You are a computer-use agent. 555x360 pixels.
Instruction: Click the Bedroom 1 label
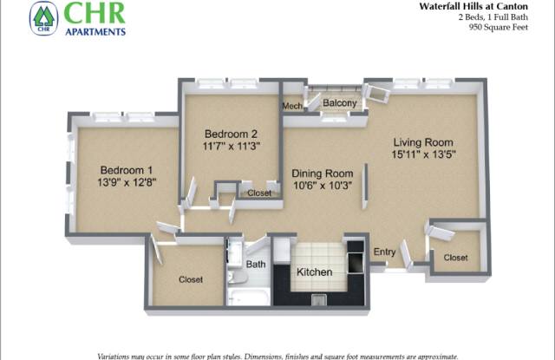click(127, 170)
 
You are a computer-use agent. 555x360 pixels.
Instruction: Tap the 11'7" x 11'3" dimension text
click(232, 146)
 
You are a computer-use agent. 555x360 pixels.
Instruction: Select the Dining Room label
click(322, 173)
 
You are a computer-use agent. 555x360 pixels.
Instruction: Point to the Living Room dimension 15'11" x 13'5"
click(423, 154)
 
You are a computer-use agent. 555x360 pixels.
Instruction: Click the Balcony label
click(339, 103)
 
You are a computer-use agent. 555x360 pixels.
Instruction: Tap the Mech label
click(292, 106)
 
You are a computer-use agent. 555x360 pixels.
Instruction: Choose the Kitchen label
click(314, 272)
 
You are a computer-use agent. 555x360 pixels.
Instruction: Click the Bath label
click(256, 264)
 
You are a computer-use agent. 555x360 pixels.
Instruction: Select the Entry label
click(384, 252)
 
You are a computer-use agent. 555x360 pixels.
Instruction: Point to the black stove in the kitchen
click(356, 258)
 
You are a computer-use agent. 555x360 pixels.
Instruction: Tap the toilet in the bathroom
click(236, 278)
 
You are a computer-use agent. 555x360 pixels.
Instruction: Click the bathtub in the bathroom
click(249, 298)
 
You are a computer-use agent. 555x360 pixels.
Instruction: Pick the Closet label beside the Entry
click(455, 258)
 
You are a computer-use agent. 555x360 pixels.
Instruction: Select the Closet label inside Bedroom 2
click(259, 193)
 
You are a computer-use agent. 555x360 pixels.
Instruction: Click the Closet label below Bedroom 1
click(191, 279)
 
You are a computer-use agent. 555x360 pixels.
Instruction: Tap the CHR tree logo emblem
click(44, 18)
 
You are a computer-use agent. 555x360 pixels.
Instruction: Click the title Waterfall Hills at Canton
click(473, 6)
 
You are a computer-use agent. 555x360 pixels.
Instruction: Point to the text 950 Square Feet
click(499, 27)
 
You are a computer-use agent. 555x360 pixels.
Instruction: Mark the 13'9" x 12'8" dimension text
click(127, 182)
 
